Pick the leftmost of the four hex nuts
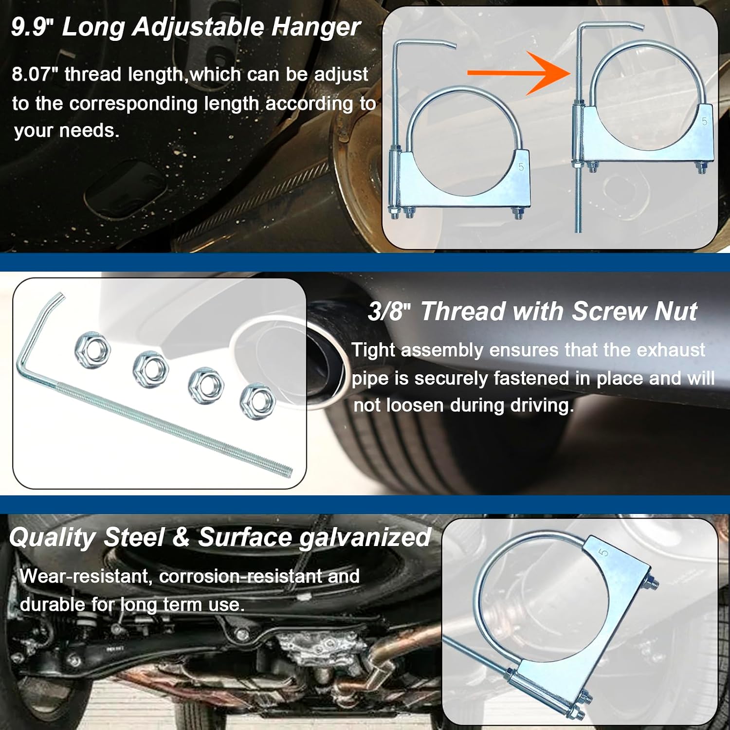[92, 349]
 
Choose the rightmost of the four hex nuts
[258, 401]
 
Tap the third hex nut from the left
[206, 385]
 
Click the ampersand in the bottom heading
[181, 538]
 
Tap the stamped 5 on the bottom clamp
[603, 552]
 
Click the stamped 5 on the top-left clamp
[521, 167]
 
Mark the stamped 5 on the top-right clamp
[704, 121]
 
